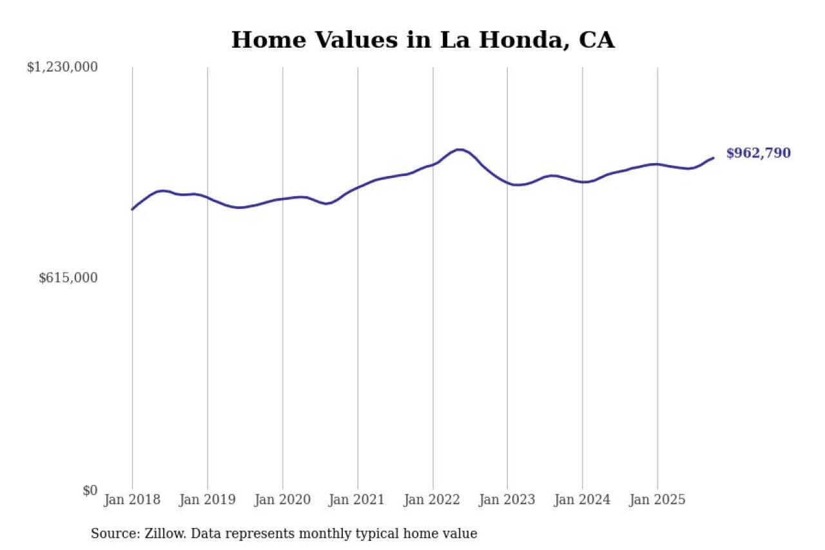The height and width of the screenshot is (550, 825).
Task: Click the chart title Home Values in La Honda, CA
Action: click(423, 40)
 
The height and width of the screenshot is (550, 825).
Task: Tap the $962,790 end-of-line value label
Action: click(758, 153)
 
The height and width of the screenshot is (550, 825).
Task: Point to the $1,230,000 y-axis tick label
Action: click(62, 66)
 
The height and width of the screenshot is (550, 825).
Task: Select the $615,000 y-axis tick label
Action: click(68, 278)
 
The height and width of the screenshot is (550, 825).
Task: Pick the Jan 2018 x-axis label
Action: click(132, 500)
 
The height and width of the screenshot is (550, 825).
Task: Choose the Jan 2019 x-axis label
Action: click(207, 500)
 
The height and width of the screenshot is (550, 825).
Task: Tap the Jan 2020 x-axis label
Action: click(282, 500)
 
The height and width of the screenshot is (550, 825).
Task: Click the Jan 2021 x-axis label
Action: click(357, 500)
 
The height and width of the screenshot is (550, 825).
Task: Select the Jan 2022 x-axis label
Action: click(432, 500)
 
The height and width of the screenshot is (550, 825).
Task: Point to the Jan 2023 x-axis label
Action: click(507, 500)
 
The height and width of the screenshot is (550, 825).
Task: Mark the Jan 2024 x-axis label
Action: click(582, 500)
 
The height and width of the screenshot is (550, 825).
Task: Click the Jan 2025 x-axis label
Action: click(657, 500)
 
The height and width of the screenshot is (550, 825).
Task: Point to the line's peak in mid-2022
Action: click(459, 150)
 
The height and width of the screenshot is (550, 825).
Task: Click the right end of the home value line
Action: click(713, 157)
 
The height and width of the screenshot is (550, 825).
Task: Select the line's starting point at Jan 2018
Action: click(132, 209)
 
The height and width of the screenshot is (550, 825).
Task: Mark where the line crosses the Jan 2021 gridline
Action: click(358, 187)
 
